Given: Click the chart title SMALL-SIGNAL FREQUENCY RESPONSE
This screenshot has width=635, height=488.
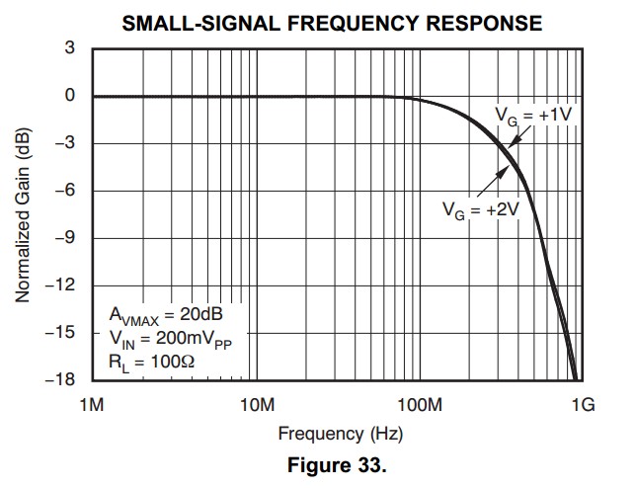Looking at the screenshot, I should [332, 23].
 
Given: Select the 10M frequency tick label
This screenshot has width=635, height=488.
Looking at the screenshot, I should [256, 405].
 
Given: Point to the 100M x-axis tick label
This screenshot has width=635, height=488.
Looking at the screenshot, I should [419, 405].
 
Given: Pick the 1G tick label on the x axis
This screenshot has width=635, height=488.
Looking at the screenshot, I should [583, 405].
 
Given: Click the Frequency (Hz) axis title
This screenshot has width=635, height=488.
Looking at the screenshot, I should [339, 434].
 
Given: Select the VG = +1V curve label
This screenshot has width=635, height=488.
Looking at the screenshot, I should [534, 116].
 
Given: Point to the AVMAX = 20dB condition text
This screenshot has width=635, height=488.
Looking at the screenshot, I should [165, 315].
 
